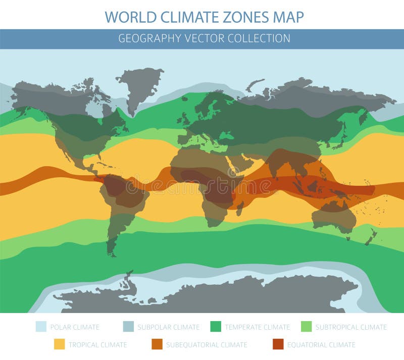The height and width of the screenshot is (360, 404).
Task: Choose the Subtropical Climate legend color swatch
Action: (x=307, y=327)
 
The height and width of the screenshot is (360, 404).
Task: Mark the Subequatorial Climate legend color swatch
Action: (x=158, y=345)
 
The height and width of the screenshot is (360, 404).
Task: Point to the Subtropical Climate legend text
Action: (x=351, y=327)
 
